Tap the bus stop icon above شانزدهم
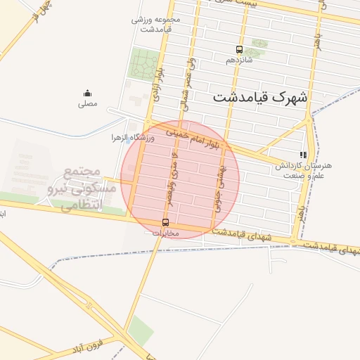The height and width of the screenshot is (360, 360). (239, 50)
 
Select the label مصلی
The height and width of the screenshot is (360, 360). (88, 103)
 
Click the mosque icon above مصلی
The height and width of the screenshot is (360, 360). (87, 93)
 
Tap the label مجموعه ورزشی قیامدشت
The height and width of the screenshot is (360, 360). (156, 24)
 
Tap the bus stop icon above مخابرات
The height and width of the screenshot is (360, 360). (165, 222)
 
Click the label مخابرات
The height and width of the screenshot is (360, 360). (167, 233)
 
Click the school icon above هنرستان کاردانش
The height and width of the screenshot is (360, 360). (303, 155)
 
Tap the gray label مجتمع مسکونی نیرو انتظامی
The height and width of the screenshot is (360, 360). (73, 188)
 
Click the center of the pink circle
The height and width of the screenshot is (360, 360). (180, 179)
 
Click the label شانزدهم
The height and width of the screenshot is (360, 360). (238, 60)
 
